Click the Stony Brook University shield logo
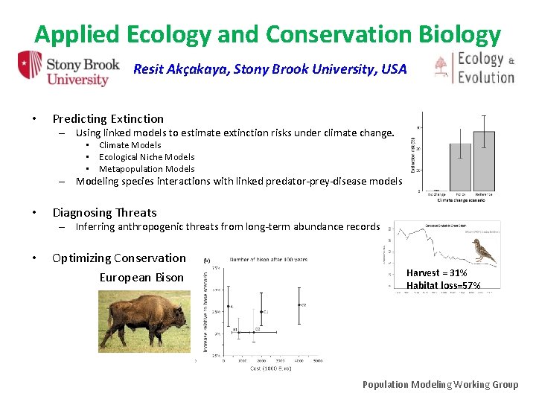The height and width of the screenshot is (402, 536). coord(30,68)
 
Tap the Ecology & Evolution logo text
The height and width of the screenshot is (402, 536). coord(485,68)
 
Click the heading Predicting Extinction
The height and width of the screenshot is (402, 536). coord(108,118)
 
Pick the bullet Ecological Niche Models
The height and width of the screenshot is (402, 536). coord(147,157)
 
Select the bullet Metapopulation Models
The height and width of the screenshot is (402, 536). coord(147,169)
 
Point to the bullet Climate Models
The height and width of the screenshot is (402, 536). coord(130,145)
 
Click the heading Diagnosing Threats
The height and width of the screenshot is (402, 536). coord(104,213)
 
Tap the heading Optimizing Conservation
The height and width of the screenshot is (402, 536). coord(119,258)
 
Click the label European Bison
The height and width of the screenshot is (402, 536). coord(141,278)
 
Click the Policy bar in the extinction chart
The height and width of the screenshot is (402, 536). coord(460,167)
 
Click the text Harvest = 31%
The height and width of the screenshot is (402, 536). coord(436,273)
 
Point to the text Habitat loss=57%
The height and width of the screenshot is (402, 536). coord(443,286)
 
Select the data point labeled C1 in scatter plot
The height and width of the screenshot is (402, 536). coord(261,311)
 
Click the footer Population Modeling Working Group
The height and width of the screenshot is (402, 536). coord(440,384)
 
